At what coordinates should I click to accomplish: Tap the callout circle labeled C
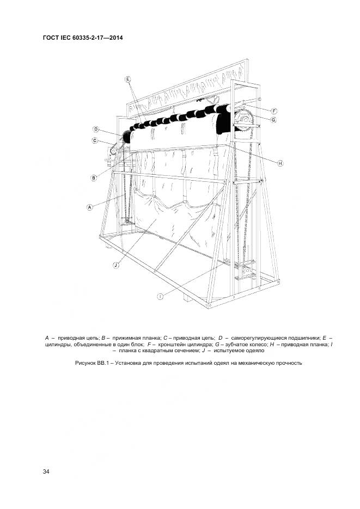pyautogui.click(x=94, y=141)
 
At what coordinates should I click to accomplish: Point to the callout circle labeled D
pyautogui.click(x=95, y=130)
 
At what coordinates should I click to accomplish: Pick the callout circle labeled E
pyautogui.click(x=128, y=79)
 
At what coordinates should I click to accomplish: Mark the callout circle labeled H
pyautogui.click(x=280, y=163)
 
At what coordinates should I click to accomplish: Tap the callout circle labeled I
pyautogui.click(x=161, y=297)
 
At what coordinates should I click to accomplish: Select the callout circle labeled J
pyautogui.click(x=116, y=265)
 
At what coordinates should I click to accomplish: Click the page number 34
pyautogui.click(x=46, y=471)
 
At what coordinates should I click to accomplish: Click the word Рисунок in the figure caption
pyautogui.click(x=87, y=363)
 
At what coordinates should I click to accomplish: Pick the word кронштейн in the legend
pyautogui.click(x=174, y=345)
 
